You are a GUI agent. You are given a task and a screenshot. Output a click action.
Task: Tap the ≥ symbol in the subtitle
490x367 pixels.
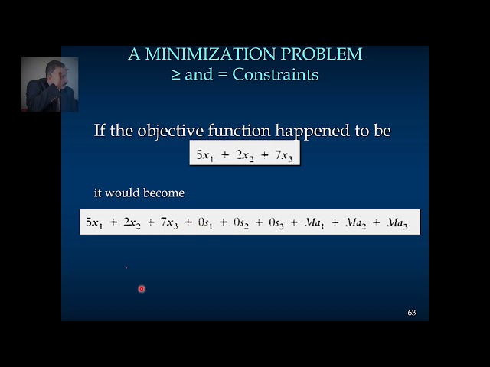tap(177, 75)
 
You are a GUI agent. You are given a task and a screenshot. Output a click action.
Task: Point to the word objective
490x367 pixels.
tap(168, 131)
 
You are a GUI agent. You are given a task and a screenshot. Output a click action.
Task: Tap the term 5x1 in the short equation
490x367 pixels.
tap(206, 155)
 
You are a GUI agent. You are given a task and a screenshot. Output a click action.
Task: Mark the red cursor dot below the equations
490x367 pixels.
tap(142, 289)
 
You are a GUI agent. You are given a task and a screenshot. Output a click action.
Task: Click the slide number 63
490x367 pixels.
tap(412, 313)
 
